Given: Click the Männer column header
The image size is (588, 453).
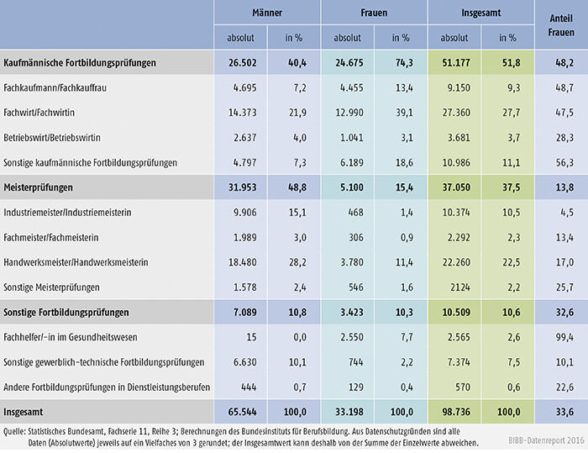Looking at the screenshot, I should [266, 13].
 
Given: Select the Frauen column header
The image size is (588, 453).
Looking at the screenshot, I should [374, 13].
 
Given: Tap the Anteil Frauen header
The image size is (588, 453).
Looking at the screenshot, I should [560, 25].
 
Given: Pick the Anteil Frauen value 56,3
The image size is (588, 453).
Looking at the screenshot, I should [564, 163].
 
